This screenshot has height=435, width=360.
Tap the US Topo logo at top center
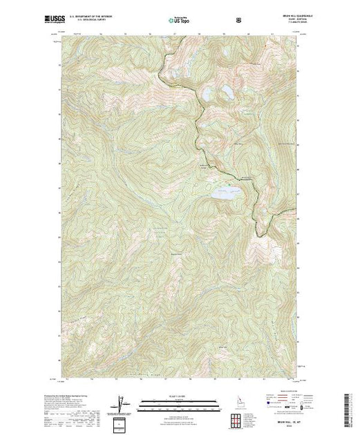coord(179,21)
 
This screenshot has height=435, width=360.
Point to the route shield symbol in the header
coord(239,20)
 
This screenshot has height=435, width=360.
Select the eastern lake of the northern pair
coord(226,91)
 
